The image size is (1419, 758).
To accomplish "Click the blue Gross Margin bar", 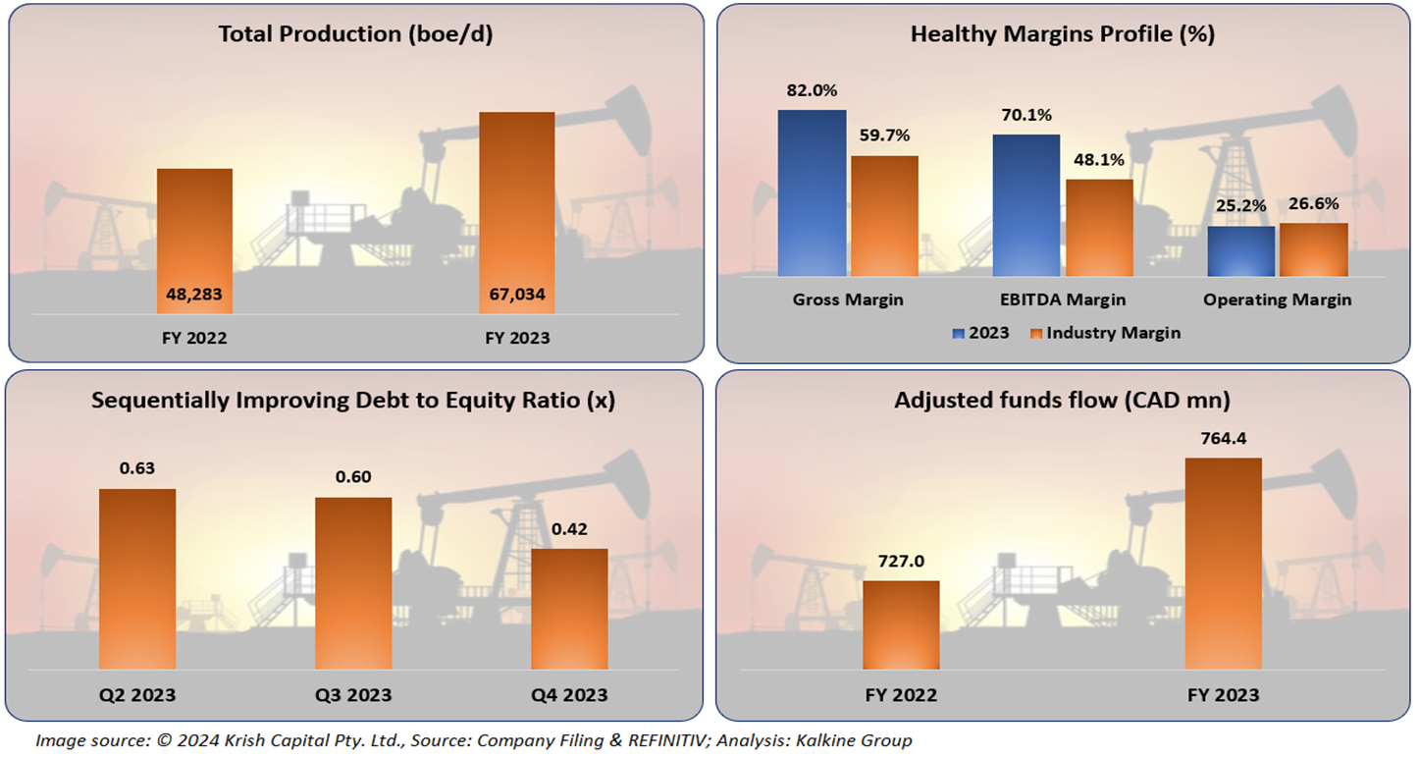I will pos(812,192).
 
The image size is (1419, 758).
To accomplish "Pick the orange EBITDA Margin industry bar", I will pos(1099,228).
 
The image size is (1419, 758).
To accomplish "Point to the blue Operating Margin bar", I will pos(1240,251).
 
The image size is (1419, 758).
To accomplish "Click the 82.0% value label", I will pos(812,90).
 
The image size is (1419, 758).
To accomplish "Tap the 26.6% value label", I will pos(1313,204).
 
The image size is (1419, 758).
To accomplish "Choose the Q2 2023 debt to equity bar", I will pos(137,578).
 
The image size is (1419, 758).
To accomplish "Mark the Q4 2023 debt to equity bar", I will pos(569,609).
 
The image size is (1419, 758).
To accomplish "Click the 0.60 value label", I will pos(353,477).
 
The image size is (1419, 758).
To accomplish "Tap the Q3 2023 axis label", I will pos(353,695).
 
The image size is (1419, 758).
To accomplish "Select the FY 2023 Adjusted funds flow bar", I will pos(1223,564).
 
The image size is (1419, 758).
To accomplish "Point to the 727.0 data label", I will pos(901,561).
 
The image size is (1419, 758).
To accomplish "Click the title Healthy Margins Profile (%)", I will pos(1063,34).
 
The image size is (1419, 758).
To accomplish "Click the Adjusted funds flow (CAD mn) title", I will pos(1062,400).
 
